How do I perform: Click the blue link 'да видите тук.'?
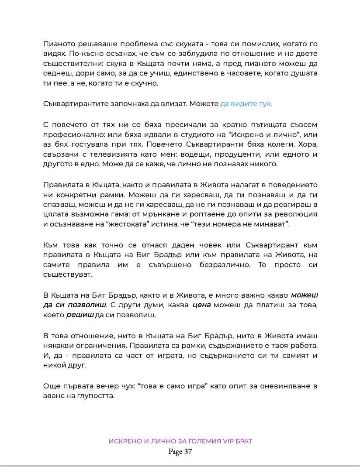coord(246,103)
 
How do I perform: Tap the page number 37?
coord(188,452)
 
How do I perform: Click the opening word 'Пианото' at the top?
coord(59,44)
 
